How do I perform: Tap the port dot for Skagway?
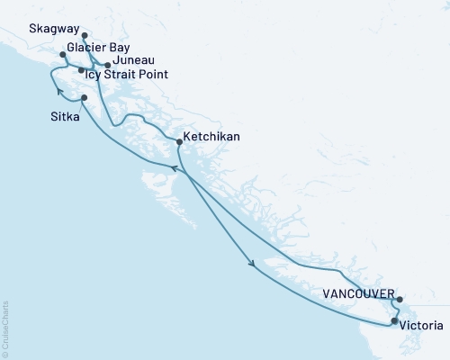pyautogui.click(x=85, y=37)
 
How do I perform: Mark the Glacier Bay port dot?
pyautogui.click(x=62, y=55)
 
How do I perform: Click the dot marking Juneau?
pyautogui.click(x=107, y=65)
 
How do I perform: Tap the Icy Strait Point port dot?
pyautogui.click(x=81, y=70)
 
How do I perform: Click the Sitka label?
pyautogui.click(x=59, y=114)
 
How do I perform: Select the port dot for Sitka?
pyautogui.click(x=84, y=98)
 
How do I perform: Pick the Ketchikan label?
pyautogui.click(x=211, y=139)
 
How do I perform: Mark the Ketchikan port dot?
pyautogui.click(x=179, y=141)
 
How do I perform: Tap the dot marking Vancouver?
pyautogui.click(x=400, y=300)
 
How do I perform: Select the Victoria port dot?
pyautogui.click(x=394, y=320)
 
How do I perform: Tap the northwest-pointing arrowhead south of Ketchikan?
pyautogui.click(x=176, y=168)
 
